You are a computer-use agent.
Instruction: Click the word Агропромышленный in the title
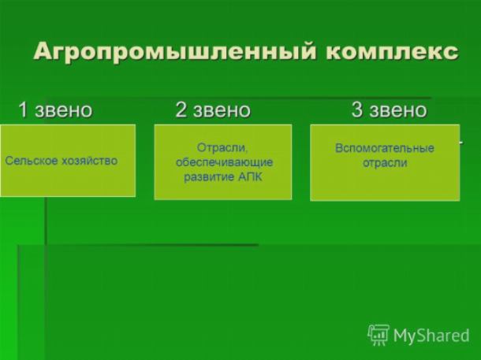(174, 52)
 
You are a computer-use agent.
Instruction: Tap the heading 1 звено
(55, 109)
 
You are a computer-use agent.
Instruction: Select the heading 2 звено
(213, 109)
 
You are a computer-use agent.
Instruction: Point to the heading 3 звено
(389, 109)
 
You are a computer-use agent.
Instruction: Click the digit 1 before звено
(24, 109)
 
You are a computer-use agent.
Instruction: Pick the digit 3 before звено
(356, 109)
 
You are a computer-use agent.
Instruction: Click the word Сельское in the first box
(32, 161)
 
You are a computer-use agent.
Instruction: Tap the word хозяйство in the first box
(90, 161)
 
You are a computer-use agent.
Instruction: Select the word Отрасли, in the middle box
(222, 147)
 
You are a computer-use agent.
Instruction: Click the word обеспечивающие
(224, 162)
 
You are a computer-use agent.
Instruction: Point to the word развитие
(207, 176)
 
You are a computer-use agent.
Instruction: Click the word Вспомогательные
(385, 148)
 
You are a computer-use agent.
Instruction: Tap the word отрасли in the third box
(385, 162)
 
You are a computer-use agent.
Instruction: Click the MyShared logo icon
(378, 335)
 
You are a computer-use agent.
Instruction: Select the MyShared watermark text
(431, 336)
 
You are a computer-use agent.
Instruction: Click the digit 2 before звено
(181, 109)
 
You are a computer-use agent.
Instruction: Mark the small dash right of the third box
(461, 142)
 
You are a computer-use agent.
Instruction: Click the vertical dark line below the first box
(46, 221)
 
